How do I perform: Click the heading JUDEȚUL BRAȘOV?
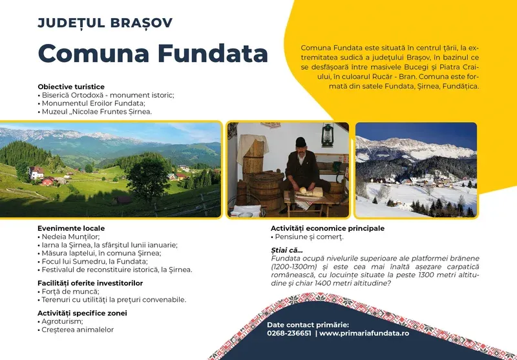tap(105, 23)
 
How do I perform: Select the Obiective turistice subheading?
tap(71, 87)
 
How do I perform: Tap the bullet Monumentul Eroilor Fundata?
tap(93, 103)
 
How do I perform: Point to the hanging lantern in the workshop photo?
tap(328, 135)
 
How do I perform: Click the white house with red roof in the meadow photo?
tap(36, 173)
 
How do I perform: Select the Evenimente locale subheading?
tap(71, 228)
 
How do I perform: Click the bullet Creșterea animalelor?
tap(77, 330)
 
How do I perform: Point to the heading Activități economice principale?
tap(327, 228)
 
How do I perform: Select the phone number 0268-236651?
tap(289, 334)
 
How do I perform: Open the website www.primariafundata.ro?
tap(364, 334)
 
